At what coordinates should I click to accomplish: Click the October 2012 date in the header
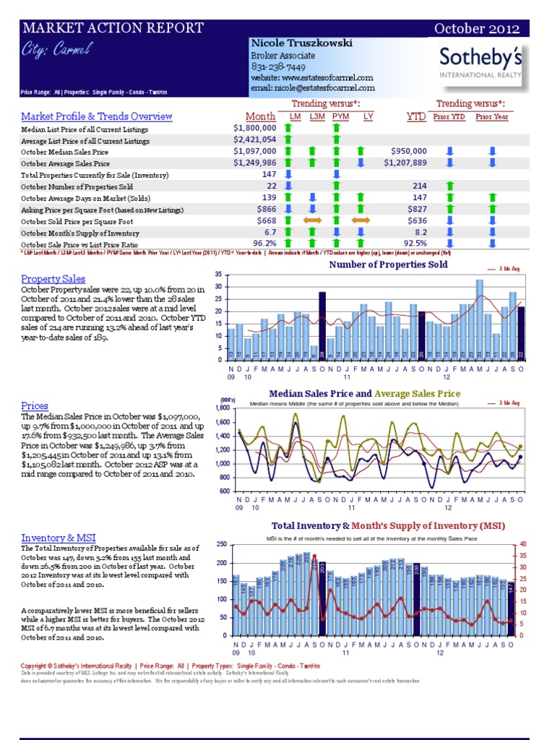pos(476,29)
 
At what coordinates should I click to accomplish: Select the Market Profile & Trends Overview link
pos(96,116)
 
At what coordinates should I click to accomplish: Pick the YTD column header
pos(416,116)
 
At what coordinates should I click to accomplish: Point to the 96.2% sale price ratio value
pos(264,244)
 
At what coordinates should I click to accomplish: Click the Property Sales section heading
pos(53,279)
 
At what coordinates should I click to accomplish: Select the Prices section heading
pos(35,406)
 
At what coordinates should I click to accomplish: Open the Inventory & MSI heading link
pos(59,538)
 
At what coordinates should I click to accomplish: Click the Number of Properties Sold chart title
pos(388,264)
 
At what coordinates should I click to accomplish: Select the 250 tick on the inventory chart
pos(220,544)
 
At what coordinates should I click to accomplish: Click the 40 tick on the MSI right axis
pos(522,544)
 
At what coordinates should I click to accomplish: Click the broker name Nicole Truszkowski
pos(301,43)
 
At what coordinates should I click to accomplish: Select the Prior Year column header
pos(491,116)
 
